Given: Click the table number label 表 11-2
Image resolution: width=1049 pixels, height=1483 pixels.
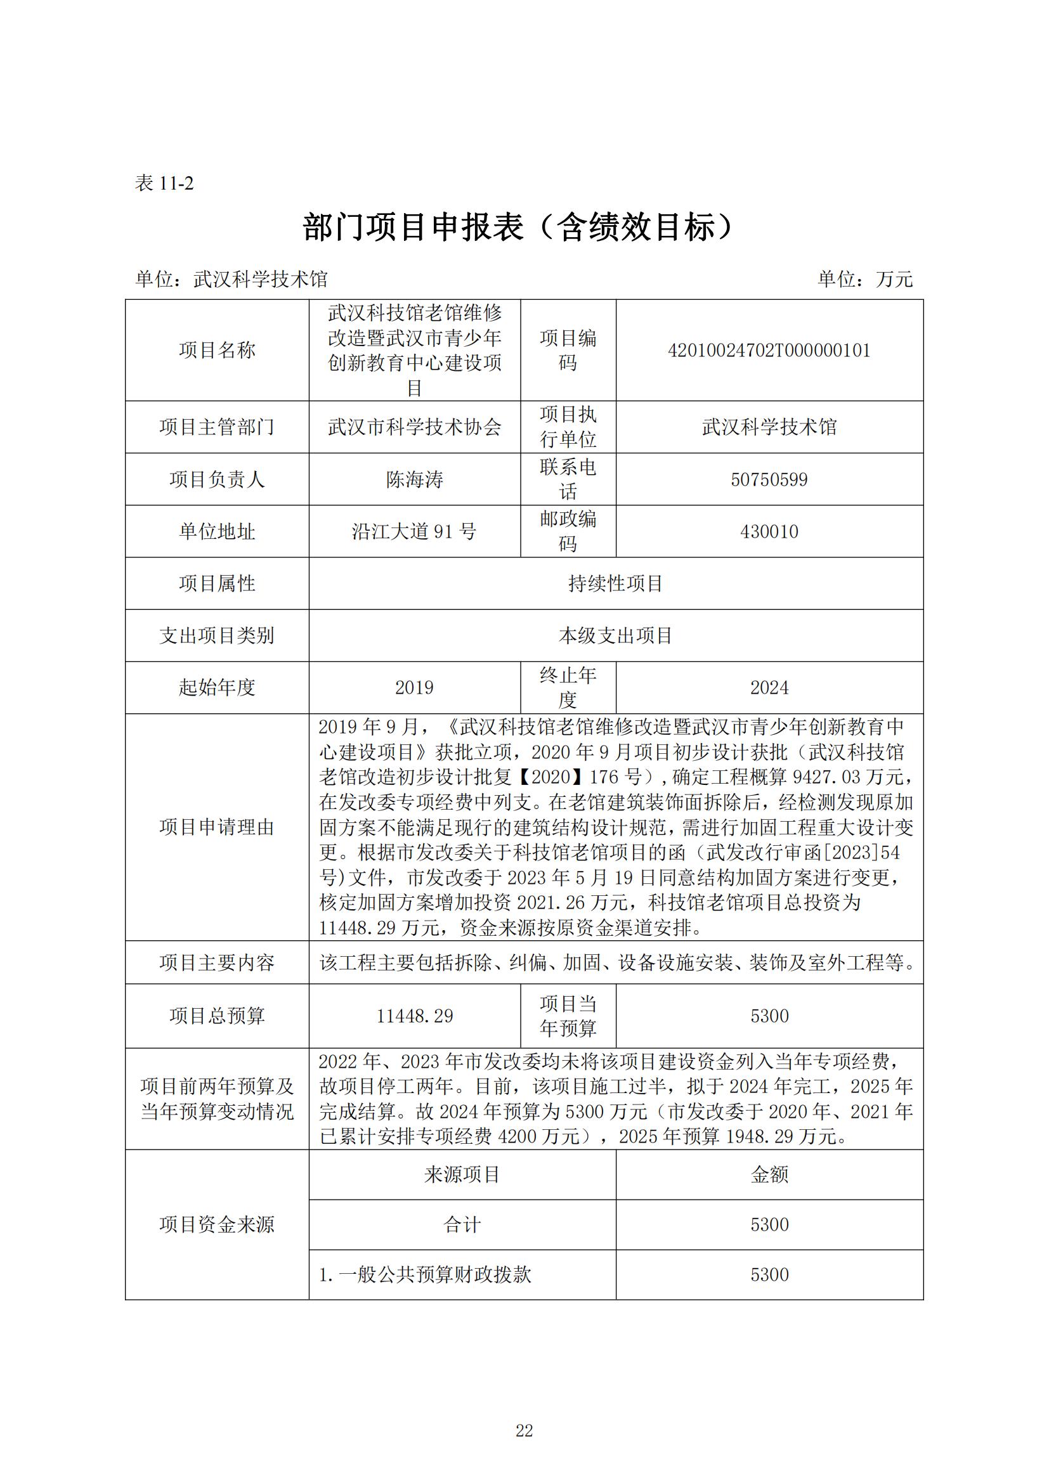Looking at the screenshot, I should pyautogui.click(x=164, y=183).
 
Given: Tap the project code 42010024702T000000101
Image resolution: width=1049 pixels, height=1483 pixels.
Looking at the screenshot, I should pyautogui.click(x=769, y=351).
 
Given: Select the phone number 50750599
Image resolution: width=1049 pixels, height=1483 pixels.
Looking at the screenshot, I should pyautogui.click(x=769, y=479).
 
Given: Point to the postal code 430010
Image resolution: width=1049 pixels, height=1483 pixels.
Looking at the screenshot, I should pyautogui.click(x=769, y=531).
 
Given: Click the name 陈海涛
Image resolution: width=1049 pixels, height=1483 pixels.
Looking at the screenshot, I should pyautogui.click(x=414, y=479).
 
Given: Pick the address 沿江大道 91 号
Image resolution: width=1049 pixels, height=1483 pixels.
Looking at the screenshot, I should pyautogui.click(x=414, y=531).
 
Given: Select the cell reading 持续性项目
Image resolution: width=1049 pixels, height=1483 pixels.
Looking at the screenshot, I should pyautogui.click(x=616, y=584).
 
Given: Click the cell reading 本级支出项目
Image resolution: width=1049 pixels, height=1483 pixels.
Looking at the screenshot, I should pyautogui.click(x=616, y=635).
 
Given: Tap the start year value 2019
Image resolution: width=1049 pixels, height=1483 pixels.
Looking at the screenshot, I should pyautogui.click(x=414, y=688).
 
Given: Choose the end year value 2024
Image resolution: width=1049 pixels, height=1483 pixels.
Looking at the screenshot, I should pyautogui.click(x=769, y=688).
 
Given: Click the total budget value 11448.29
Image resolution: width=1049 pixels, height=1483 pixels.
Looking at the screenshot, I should pyautogui.click(x=414, y=1016).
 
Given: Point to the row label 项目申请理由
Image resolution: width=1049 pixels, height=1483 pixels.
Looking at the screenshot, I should pyautogui.click(x=217, y=827).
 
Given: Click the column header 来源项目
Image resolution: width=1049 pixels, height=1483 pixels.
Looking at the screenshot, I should pyautogui.click(x=462, y=1175).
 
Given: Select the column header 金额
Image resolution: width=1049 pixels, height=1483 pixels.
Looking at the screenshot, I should pyautogui.click(x=769, y=1175).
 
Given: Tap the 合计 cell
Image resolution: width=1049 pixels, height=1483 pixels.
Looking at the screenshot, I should pyautogui.click(x=462, y=1225).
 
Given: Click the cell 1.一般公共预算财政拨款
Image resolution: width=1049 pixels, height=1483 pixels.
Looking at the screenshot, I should pyautogui.click(x=425, y=1274).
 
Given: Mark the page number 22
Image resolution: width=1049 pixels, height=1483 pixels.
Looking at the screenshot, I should pyautogui.click(x=524, y=1430).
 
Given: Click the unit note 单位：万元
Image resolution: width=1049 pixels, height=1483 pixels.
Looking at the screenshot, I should pyautogui.click(x=865, y=279).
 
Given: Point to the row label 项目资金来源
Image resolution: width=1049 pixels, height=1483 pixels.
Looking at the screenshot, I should pyautogui.click(x=217, y=1225).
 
